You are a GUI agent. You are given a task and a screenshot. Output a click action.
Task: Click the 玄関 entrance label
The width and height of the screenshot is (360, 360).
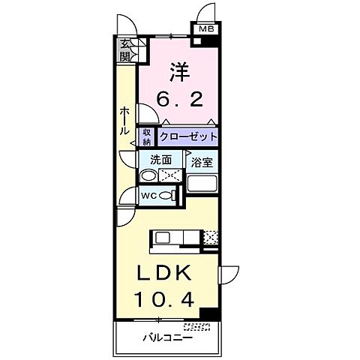125,50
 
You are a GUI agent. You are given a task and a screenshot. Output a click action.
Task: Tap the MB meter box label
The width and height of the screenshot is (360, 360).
205,31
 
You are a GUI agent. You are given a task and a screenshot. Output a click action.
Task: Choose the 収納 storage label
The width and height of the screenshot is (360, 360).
147,136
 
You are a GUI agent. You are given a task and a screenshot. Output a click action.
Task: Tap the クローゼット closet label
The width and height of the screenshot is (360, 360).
187,136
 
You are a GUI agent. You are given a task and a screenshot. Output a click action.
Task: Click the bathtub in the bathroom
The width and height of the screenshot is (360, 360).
201,184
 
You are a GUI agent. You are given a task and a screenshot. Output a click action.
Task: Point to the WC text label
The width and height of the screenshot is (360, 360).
148,196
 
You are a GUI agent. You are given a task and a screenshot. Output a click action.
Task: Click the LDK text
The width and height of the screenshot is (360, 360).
165,272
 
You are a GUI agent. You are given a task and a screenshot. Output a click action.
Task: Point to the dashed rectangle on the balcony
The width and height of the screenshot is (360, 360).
197,327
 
